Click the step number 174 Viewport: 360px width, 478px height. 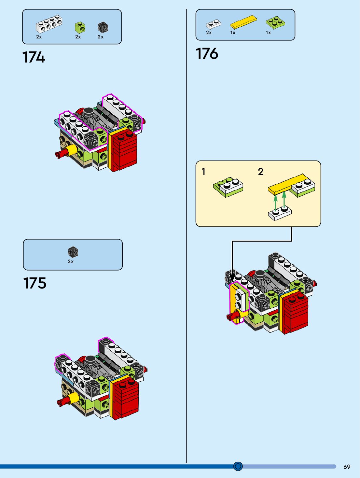34,57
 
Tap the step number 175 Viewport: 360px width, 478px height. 35,283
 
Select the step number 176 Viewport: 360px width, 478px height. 207,54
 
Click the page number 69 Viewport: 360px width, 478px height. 347,467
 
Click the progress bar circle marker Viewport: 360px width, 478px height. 238,466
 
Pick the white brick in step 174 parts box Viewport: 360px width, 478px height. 49,24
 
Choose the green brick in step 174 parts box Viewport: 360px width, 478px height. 80,27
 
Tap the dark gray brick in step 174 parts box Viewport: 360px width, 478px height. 103,27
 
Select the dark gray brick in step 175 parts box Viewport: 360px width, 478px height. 73,252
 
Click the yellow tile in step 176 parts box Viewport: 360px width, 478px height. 243,22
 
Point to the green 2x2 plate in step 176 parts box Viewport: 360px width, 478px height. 275,22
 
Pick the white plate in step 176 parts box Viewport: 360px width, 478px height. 213,24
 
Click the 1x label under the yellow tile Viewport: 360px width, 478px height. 233,33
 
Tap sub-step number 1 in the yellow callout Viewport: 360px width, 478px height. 203,171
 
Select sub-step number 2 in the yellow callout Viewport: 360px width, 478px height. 260,171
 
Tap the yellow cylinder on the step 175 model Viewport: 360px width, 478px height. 74,398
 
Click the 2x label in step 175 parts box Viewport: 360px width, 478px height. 71,261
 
